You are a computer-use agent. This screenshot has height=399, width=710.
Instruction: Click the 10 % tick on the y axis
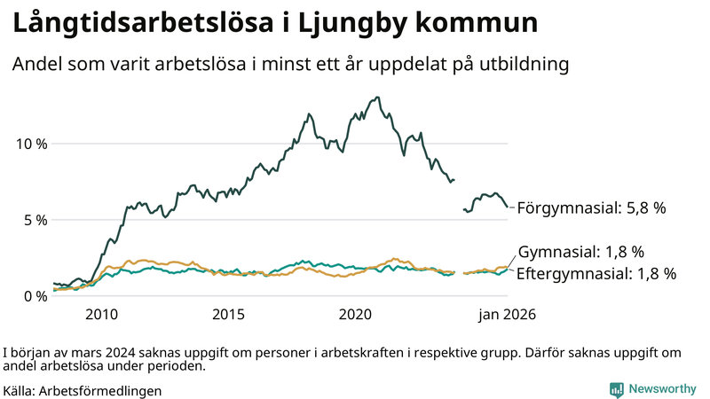click(x=32, y=144)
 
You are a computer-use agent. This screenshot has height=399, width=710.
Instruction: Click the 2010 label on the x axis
click(x=101, y=315)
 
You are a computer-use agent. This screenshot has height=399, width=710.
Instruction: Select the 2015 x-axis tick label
click(x=228, y=315)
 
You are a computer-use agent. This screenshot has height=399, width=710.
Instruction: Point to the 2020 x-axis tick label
click(x=355, y=315)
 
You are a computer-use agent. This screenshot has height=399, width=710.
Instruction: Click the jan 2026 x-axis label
click(x=508, y=315)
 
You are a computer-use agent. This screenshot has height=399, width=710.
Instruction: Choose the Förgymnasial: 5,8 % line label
click(x=591, y=208)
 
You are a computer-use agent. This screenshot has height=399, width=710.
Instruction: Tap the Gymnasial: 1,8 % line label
click(x=580, y=253)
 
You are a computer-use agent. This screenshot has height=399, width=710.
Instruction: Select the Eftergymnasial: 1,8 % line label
click(x=596, y=274)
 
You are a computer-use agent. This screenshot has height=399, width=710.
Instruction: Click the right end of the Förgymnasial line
click(x=508, y=207)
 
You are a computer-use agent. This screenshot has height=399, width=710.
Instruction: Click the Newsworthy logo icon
click(x=616, y=389)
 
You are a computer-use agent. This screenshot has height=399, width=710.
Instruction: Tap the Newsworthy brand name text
click(x=663, y=389)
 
